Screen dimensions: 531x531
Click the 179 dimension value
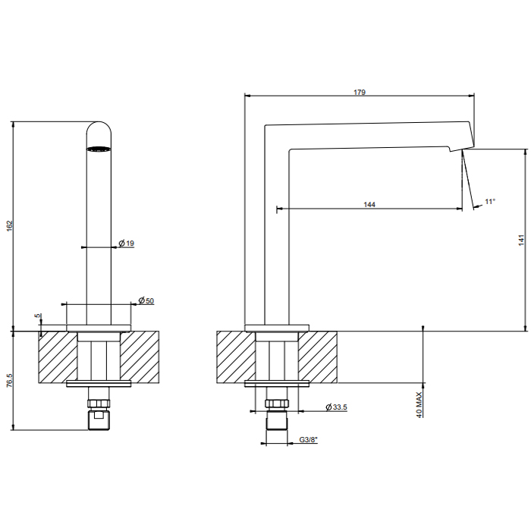pos(360,92)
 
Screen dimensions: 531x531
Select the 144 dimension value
pos(369,205)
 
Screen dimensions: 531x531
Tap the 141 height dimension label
pos(521,240)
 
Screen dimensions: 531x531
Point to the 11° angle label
pos(490,202)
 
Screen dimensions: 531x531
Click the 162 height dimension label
pos(9,226)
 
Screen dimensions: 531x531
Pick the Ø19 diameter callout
pos(127,244)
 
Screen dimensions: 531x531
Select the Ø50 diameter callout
pos(146,300)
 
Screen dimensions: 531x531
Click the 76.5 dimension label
pos(9,380)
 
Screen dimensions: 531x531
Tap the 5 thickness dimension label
pos(38,316)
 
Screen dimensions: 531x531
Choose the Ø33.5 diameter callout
pos(336,407)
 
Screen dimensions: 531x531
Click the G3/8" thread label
pos(309,440)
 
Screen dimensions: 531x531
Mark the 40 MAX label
pos(419,404)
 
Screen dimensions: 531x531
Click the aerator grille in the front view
pos(99,149)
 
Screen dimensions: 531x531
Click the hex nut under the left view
pos(99,404)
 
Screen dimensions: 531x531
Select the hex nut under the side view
pos(277,404)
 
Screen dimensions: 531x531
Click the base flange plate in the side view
pos(277,328)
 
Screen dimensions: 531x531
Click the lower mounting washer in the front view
pos(99,384)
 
